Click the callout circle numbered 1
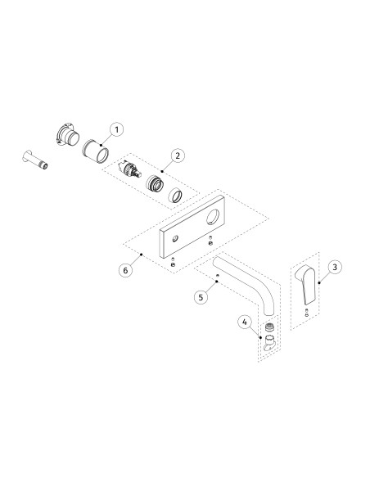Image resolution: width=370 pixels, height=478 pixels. pos(117,129)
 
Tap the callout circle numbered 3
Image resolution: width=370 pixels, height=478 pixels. pos(335,267)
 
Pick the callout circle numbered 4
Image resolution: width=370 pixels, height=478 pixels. pos(244,322)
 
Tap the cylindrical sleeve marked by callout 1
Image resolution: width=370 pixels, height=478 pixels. pos(97,151)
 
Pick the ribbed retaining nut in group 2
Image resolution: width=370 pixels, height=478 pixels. pos(153,183)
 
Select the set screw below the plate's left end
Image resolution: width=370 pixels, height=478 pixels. pos(173,263)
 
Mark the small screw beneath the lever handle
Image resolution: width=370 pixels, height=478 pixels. pos(306,313)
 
